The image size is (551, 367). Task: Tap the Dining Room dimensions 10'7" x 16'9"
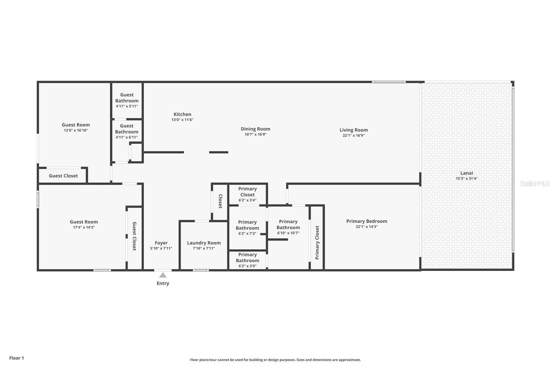tap(255, 134)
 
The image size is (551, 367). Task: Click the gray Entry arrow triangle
tap(163, 275)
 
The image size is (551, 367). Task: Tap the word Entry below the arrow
tap(163, 283)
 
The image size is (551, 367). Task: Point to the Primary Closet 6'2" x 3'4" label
tap(248, 194)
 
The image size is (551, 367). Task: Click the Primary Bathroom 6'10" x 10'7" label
tap(288, 227)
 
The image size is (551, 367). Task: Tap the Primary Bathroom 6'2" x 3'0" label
tap(248, 260)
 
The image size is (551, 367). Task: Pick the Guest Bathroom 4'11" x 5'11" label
tap(127, 101)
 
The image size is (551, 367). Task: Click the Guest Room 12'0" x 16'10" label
tap(76, 127)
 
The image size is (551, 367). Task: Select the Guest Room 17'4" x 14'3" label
tap(84, 224)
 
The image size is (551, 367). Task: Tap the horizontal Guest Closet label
tap(63, 176)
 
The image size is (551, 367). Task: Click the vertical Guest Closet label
tap(134, 236)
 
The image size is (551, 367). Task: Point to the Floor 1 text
tap(17, 358)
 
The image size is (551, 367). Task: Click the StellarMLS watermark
tap(535, 183)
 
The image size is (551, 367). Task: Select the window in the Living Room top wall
tap(389, 82)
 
